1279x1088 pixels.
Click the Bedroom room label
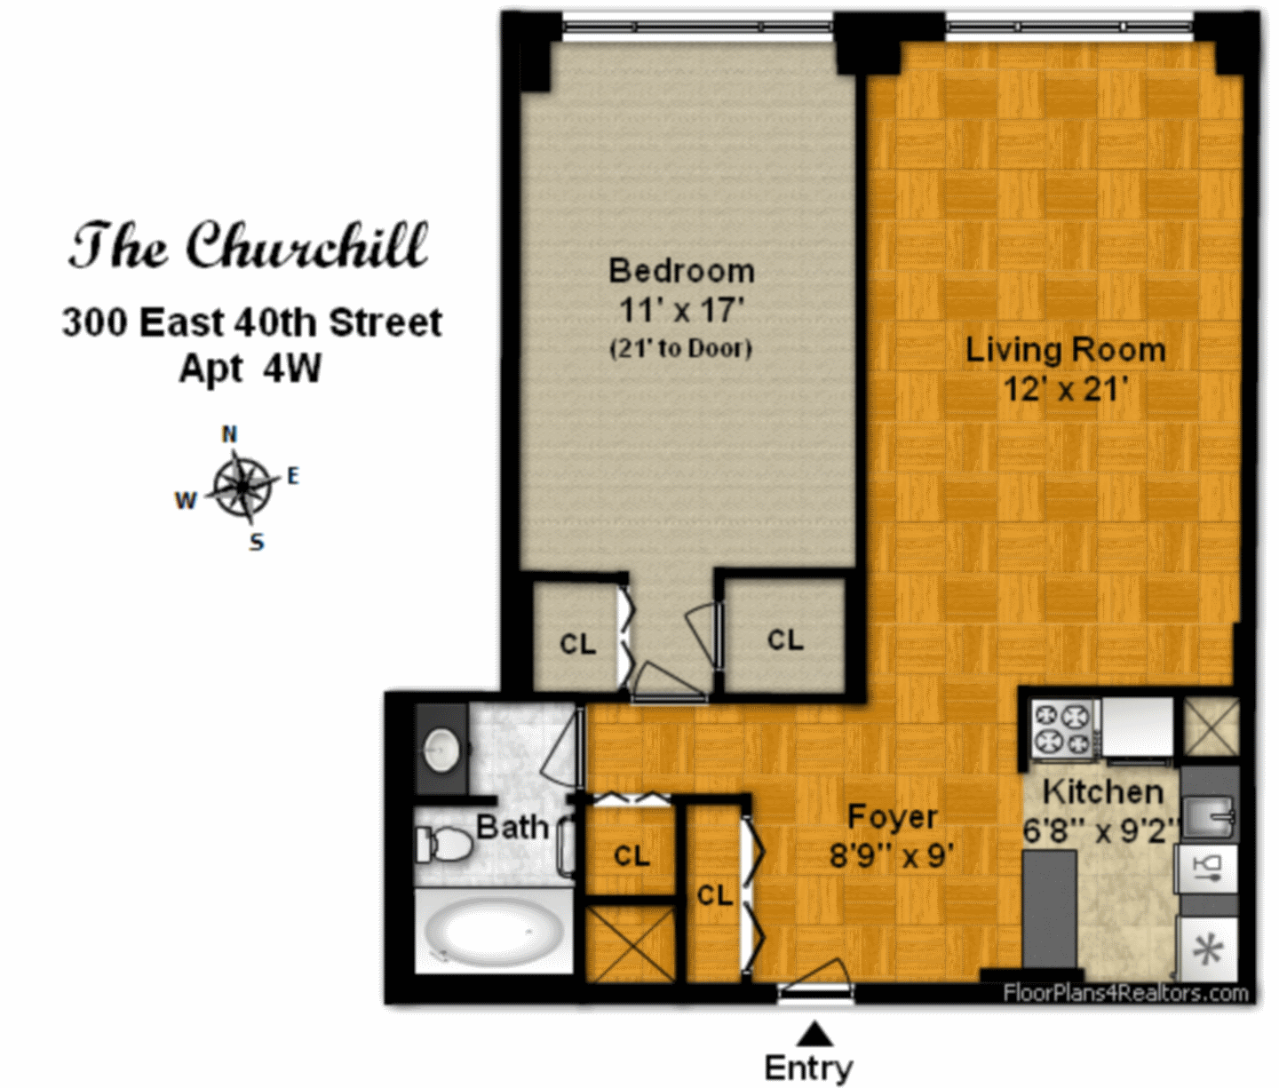click(x=681, y=271)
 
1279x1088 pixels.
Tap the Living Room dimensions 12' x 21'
click(x=1065, y=389)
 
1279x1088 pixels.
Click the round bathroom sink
click(x=441, y=750)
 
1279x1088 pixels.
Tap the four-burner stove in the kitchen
click(x=1062, y=729)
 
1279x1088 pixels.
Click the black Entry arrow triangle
click(x=814, y=1034)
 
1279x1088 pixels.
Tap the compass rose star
click(x=243, y=487)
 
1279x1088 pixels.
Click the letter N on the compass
click(x=229, y=434)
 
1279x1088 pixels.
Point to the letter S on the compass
click(x=257, y=542)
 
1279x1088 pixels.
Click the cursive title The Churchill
click(x=249, y=246)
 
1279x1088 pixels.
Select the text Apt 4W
click(x=250, y=369)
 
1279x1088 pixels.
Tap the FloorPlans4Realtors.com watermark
click(x=1125, y=993)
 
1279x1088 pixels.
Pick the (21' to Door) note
click(x=680, y=348)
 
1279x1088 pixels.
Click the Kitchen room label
click(x=1102, y=793)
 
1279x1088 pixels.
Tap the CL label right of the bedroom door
click(x=785, y=639)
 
